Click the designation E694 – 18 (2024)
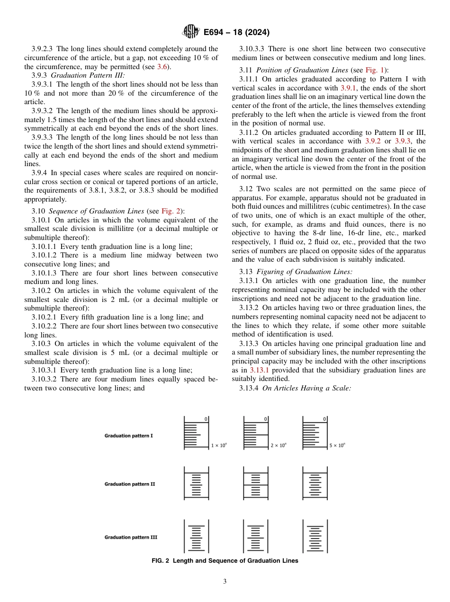236,33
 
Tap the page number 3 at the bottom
225,581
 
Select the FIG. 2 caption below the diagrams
225,561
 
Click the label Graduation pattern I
128,435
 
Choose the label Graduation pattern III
131,537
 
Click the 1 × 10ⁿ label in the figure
219,445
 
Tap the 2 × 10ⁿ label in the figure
278,445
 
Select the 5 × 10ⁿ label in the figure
337,445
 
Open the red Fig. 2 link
169,211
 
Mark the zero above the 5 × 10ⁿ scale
324,419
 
